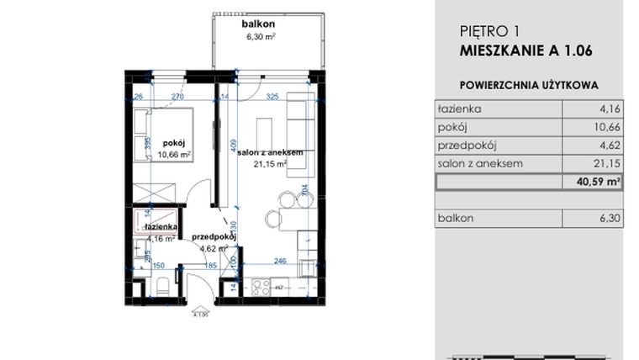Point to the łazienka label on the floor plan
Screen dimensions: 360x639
pos(160,227)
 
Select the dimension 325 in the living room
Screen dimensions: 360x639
pos(272,98)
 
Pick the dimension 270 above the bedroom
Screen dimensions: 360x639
pos(177,98)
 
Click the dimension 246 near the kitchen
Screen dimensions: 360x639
pos(279,261)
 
